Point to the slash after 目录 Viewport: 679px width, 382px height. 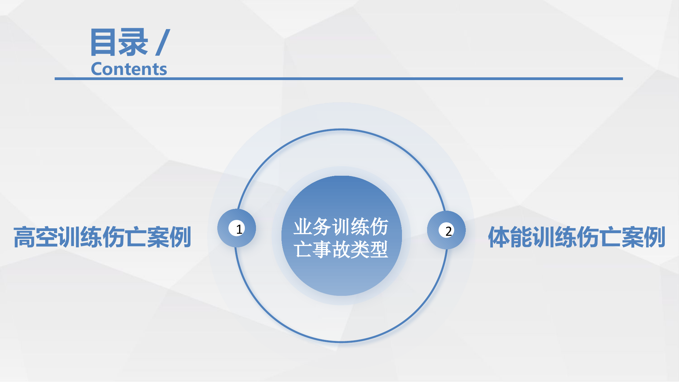(x=163, y=42)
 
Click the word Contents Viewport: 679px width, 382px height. (x=129, y=69)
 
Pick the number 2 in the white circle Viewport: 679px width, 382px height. (x=448, y=231)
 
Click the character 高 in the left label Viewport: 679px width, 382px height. (x=24, y=237)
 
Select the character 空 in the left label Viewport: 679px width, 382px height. (x=47, y=237)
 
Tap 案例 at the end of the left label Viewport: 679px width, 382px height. (x=169, y=237)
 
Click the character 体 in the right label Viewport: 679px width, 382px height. (x=499, y=237)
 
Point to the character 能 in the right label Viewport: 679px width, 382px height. (x=521, y=237)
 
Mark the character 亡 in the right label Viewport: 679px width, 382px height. (x=610, y=237)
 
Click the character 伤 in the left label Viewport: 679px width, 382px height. (x=113, y=237)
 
